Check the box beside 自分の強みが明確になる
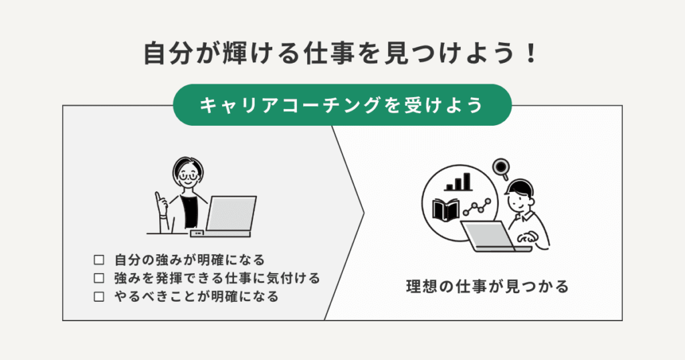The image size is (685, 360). (x=100, y=259)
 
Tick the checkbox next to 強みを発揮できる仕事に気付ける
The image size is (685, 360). (x=100, y=277)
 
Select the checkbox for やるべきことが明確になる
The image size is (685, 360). (x=100, y=296)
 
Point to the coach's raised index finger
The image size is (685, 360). (x=158, y=197)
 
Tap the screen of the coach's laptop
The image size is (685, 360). (x=231, y=213)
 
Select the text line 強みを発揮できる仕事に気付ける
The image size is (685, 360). (x=217, y=277)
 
